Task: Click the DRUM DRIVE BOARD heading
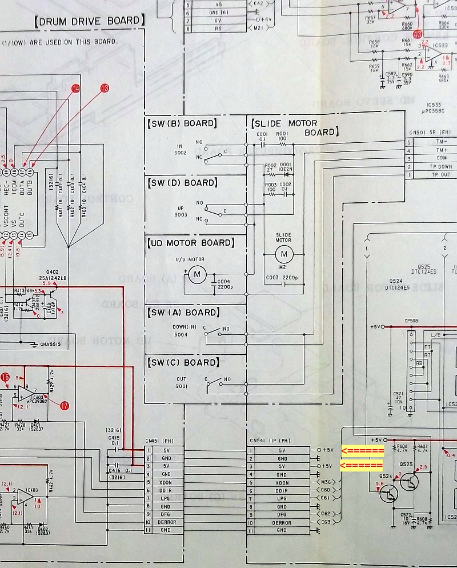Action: [x=89, y=22]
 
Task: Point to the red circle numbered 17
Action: [x=64, y=405]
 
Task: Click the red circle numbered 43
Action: [x=418, y=34]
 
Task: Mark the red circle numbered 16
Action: [x=5, y=377]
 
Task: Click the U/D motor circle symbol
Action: [x=197, y=275]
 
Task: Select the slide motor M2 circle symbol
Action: [x=284, y=253]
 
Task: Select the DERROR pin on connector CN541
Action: [x=282, y=523]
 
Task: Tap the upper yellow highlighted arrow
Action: [x=362, y=451]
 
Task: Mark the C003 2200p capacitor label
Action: [x=283, y=278]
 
